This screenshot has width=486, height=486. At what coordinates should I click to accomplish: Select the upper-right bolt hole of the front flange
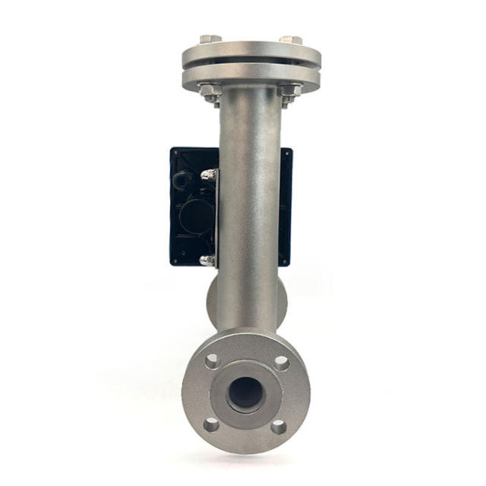pyautogui.click(x=281, y=362)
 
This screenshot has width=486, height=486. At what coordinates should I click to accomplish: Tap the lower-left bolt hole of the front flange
pyautogui.click(x=212, y=424)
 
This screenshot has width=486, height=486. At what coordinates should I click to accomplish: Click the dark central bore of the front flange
pyautogui.click(x=245, y=393)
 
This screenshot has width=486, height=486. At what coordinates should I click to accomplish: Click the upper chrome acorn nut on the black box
pyautogui.click(x=208, y=175)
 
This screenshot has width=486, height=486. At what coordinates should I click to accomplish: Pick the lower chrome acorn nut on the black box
pyautogui.click(x=207, y=260)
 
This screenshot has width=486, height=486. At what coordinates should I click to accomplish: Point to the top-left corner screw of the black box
pyautogui.click(x=175, y=153)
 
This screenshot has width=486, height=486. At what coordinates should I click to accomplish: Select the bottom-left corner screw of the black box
pyautogui.click(x=175, y=260)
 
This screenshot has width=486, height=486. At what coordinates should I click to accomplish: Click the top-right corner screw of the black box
pyautogui.click(x=288, y=153)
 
